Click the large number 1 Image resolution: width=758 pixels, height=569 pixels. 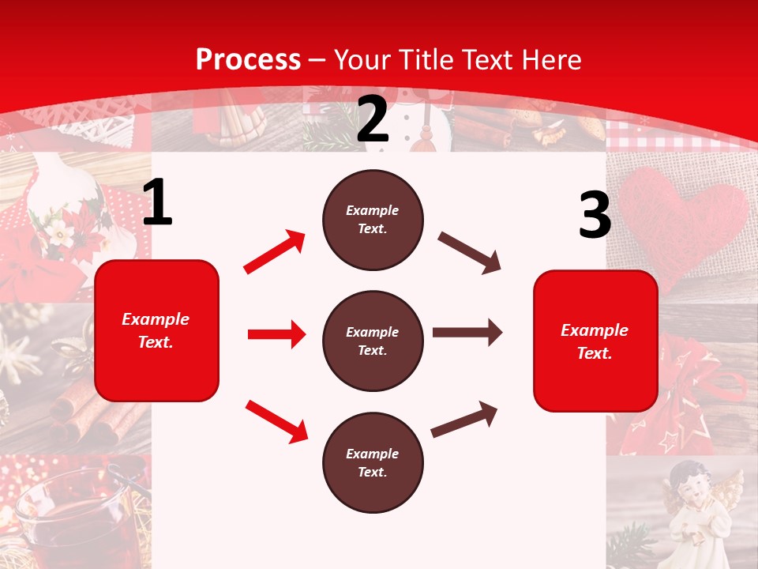(x=156, y=204)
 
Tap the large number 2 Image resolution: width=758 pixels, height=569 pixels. (x=373, y=120)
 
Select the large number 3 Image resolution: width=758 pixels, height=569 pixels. (x=595, y=216)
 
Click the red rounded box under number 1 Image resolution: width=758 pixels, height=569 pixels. (x=156, y=330)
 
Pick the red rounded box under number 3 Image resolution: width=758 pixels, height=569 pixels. (x=595, y=341)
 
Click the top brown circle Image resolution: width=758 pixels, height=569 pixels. (x=373, y=220)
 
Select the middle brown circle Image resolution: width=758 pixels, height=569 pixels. (x=373, y=341)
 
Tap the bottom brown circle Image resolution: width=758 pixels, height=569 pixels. (x=373, y=462)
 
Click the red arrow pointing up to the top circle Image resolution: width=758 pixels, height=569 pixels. (x=274, y=252)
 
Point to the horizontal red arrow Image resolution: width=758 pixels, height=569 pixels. (x=276, y=334)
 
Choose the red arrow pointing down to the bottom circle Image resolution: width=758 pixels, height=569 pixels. (x=276, y=420)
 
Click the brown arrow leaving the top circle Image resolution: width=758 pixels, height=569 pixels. (x=469, y=253)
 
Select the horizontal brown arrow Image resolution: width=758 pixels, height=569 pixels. (x=467, y=333)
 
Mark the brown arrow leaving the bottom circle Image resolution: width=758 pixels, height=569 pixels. (x=464, y=419)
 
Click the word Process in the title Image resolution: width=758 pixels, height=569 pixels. (x=248, y=59)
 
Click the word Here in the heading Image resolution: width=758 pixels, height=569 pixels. (x=550, y=59)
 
